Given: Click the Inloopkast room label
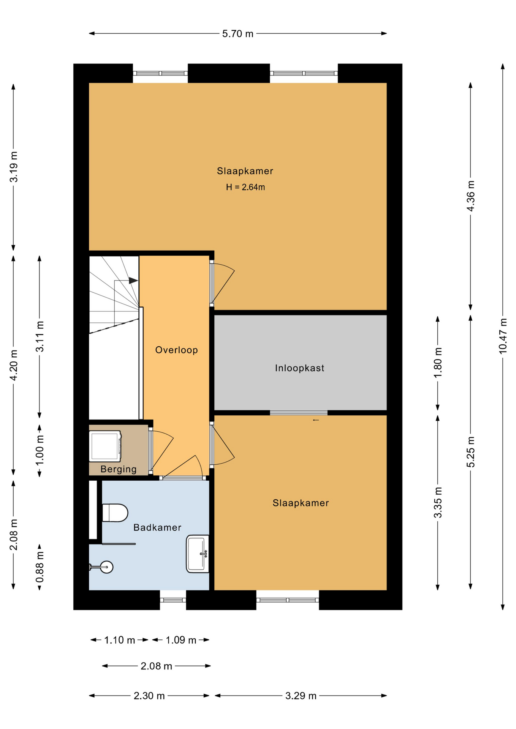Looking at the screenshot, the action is point(299,368).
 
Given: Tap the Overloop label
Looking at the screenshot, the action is point(176,350).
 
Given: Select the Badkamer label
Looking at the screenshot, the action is point(157,527).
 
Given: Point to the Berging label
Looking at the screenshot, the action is point(119,469).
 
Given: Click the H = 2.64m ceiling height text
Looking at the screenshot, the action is point(245,187).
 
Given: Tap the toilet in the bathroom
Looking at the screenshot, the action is point(115,513).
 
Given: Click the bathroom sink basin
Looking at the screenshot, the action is point(198,554).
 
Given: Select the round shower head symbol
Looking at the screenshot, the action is point(106,567).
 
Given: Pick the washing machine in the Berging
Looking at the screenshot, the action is point(105,446).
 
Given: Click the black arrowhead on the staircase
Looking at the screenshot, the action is point(133,281).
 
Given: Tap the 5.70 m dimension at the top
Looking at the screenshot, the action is point(238,34).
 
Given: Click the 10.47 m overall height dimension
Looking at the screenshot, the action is point(503,336).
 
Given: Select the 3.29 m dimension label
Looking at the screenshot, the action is point(301,696).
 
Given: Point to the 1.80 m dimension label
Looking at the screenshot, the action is point(438,363).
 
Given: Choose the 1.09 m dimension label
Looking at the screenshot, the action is point(181,640).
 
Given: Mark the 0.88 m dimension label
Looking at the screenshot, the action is point(40,567).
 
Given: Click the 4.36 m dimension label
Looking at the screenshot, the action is point(470,196).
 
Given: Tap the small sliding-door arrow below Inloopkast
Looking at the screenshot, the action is point(316,420).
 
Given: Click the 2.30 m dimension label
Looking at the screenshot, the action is point(149,696).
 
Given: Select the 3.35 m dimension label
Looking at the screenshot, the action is point(438,502).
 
